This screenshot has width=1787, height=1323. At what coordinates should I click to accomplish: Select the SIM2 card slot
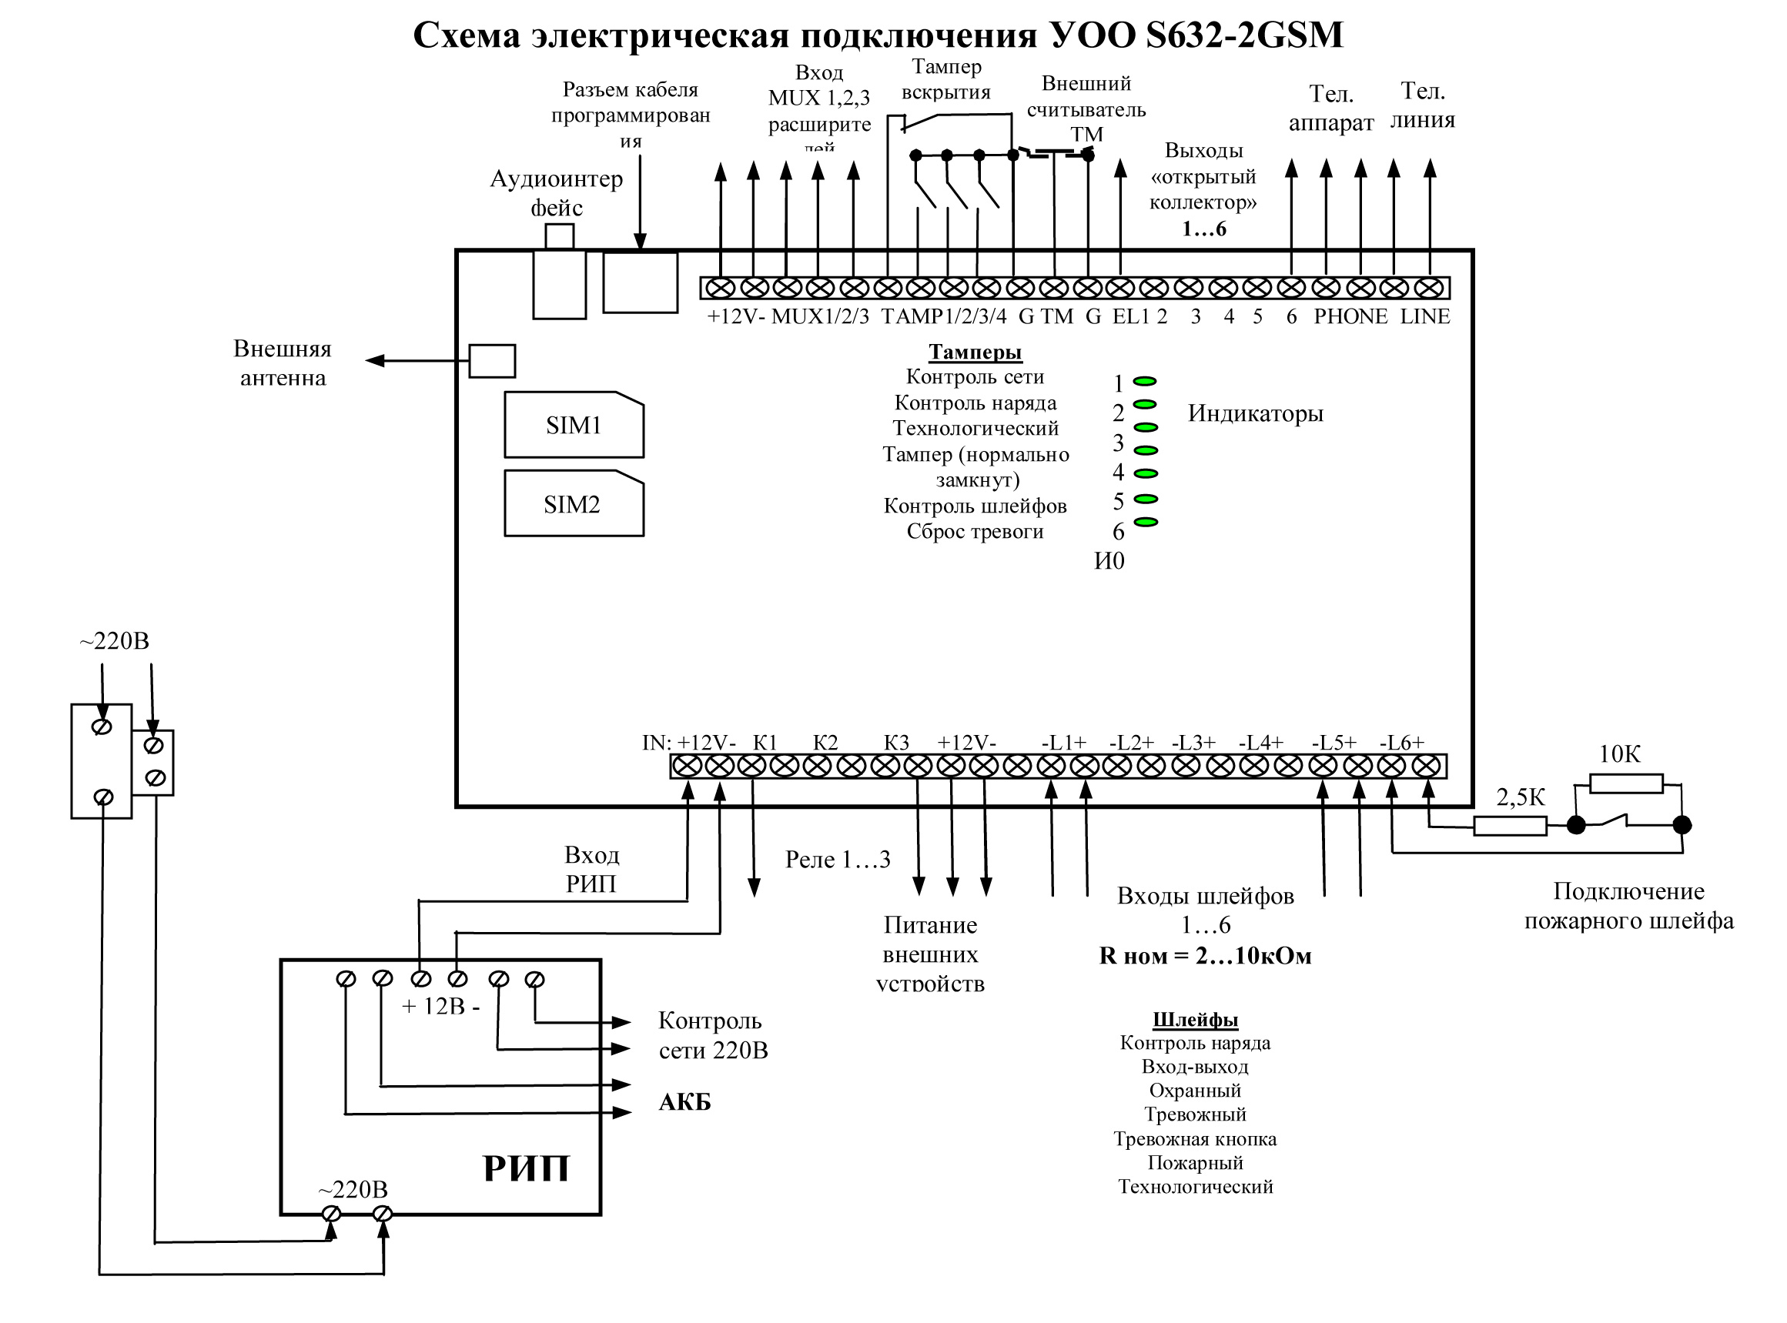[574, 505]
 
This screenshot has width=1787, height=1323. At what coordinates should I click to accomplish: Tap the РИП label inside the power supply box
[527, 1168]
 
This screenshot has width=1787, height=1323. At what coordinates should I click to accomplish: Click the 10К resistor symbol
[1626, 783]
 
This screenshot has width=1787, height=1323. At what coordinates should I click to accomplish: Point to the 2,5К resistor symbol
[1510, 826]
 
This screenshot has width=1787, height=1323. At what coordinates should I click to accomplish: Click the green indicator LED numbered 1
[1146, 381]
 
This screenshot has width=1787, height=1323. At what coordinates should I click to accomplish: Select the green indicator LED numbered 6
[1146, 523]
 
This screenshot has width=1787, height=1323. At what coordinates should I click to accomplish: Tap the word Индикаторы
[1255, 414]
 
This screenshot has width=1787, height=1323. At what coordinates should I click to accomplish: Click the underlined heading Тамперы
[975, 352]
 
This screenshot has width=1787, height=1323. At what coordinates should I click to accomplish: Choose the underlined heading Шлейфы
[1195, 1021]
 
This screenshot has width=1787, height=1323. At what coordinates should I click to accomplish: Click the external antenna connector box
[492, 361]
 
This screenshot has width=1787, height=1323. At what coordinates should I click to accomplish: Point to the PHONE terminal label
[1350, 316]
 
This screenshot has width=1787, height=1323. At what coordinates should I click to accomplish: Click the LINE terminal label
[1425, 316]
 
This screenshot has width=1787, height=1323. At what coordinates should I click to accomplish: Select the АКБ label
[684, 1103]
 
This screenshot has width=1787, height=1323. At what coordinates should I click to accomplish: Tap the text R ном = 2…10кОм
[1205, 956]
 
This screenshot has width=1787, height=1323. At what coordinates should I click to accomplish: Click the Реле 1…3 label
[838, 860]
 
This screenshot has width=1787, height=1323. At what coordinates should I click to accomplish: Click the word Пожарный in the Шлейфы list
[1195, 1163]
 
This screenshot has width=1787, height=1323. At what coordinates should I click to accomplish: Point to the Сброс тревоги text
[975, 532]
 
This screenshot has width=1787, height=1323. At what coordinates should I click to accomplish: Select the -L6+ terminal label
[1402, 743]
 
